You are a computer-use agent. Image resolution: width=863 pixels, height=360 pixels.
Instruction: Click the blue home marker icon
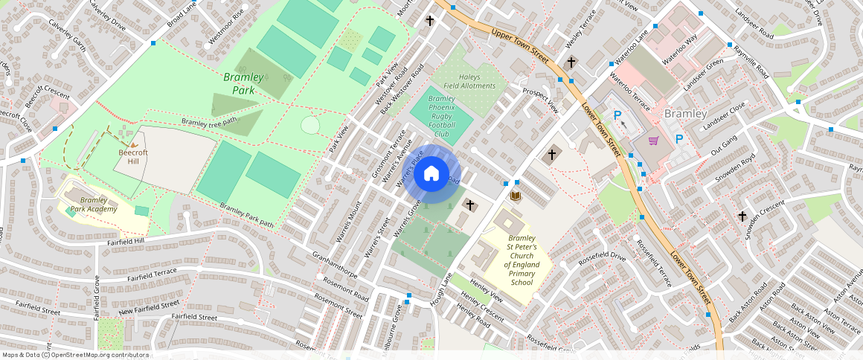(431, 174)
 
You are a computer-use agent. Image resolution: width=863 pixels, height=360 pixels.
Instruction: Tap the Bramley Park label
(243, 83)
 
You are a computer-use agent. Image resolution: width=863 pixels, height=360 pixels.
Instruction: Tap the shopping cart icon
(654, 141)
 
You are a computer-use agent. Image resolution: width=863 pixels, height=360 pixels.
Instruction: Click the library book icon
(515, 196)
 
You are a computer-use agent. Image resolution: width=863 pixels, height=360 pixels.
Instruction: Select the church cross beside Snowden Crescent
(742, 216)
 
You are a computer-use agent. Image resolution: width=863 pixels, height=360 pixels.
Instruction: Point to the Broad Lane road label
(181, 14)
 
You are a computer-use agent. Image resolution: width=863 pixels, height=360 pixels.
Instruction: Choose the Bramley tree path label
(209, 121)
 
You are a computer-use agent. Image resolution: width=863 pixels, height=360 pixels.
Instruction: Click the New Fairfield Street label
(150, 306)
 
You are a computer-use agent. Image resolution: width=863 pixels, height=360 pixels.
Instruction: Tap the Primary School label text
(522, 278)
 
